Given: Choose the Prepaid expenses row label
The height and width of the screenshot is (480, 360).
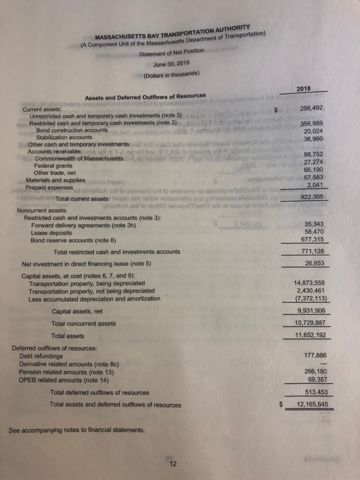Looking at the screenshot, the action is click(x=52, y=186).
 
